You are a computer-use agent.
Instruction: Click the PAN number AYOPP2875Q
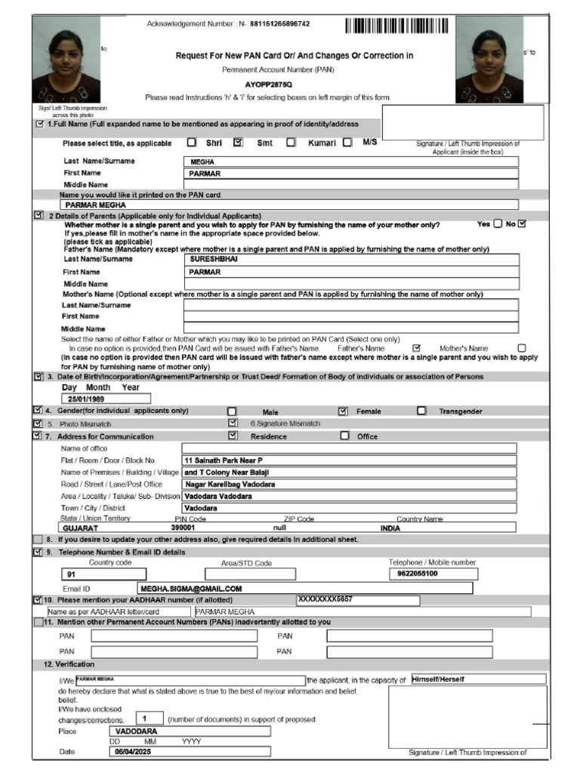point(268,84)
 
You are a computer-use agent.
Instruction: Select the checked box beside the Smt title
point(239,142)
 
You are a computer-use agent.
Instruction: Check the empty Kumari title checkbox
point(291,142)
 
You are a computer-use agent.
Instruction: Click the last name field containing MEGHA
point(351,161)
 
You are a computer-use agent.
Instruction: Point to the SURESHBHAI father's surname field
point(351,259)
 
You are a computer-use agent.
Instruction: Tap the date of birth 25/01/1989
point(86,399)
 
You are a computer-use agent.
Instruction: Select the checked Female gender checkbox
point(343,411)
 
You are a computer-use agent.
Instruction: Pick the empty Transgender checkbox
point(421,411)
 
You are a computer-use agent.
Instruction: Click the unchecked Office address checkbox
point(345,436)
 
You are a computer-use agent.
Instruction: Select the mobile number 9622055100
point(418,574)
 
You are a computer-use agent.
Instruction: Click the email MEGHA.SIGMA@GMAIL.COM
point(190,588)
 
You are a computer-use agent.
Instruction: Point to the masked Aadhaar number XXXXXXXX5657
point(325,599)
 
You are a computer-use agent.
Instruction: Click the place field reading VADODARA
point(137,731)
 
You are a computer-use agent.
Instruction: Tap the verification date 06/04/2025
point(133,752)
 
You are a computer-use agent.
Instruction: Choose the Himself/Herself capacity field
point(438,679)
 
